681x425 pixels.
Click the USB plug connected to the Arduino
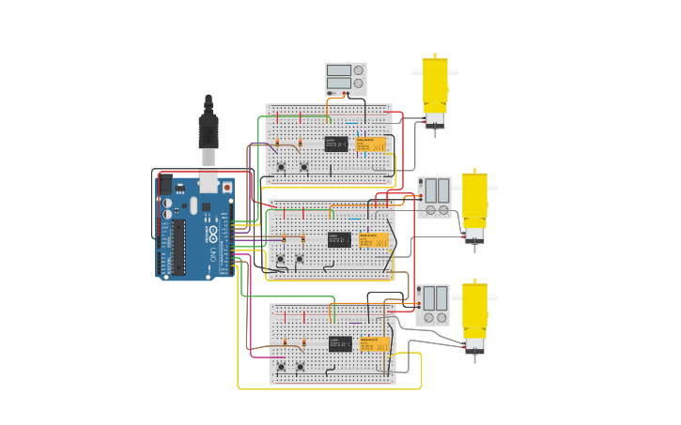tap(208, 131)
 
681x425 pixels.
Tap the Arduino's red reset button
tap(226, 187)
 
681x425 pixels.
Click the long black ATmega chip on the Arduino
tap(178, 249)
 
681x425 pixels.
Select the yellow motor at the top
tap(434, 89)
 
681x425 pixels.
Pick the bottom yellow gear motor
tap(474, 314)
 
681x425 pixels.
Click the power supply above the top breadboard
tap(345, 77)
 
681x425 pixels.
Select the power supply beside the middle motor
tap(434, 197)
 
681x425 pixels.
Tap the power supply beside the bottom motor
tap(432, 305)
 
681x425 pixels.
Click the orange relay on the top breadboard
tap(370, 144)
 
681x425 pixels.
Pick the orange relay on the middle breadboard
tap(373, 240)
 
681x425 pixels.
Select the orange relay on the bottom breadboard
tap(375, 344)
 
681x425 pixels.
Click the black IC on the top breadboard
tap(336, 144)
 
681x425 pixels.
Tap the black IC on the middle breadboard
tap(339, 240)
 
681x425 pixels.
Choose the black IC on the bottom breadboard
tap(340, 343)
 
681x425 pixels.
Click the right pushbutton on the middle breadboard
tap(301, 259)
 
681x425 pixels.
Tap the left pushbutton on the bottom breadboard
tap(281, 367)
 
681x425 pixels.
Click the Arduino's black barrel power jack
tap(165, 185)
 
